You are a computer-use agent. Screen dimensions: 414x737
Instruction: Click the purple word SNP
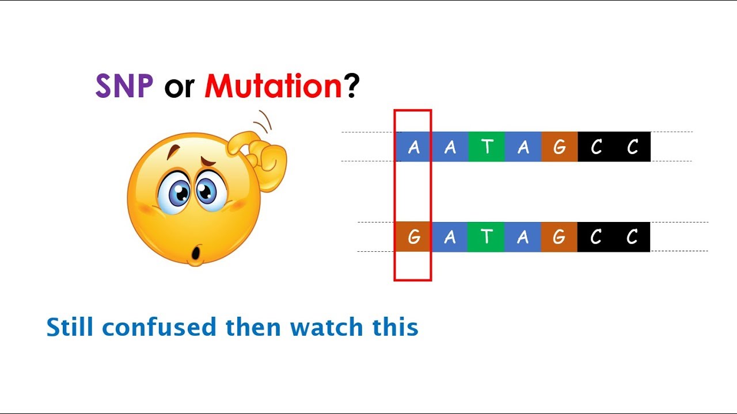click(x=124, y=87)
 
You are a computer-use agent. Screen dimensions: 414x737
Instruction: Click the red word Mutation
click(x=274, y=87)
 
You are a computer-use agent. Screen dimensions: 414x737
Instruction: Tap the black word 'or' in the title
click(x=178, y=88)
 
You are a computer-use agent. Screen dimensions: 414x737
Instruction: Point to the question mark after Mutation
click(x=352, y=87)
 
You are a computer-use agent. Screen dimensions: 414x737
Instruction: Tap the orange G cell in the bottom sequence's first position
click(x=413, y=237)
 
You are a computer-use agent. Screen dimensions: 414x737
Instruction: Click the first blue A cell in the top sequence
click(x=413, y=147)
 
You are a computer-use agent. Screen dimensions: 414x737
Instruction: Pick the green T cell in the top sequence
click(x=487, y=147)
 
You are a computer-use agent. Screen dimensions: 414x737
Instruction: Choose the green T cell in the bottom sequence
click(x=487, y=237)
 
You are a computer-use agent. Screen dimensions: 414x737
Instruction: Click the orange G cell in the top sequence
click(x=559, y=147)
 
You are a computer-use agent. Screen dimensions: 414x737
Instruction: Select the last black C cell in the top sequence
click(x=632, y=147)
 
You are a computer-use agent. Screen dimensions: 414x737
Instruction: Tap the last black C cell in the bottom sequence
click(x=632, y=237)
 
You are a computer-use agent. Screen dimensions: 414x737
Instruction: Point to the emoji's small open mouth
click(x=196, y=252)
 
